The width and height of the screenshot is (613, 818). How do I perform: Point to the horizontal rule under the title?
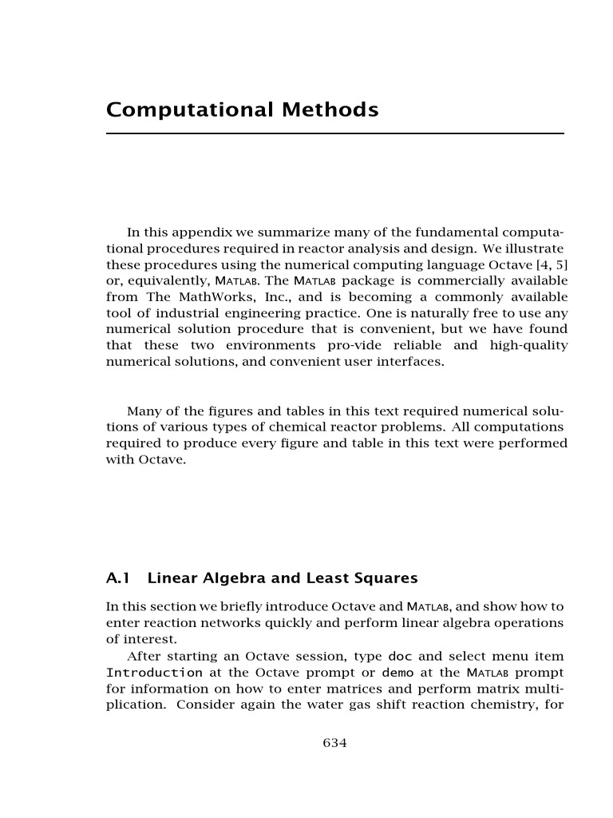click(335, 133)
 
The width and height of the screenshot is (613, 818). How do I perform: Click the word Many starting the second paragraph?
click(144, 411)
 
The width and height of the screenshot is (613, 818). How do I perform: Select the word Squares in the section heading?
click(387, 578)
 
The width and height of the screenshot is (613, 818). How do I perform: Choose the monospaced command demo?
click(397, 673)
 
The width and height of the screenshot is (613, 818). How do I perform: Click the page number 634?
click(334, 743)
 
